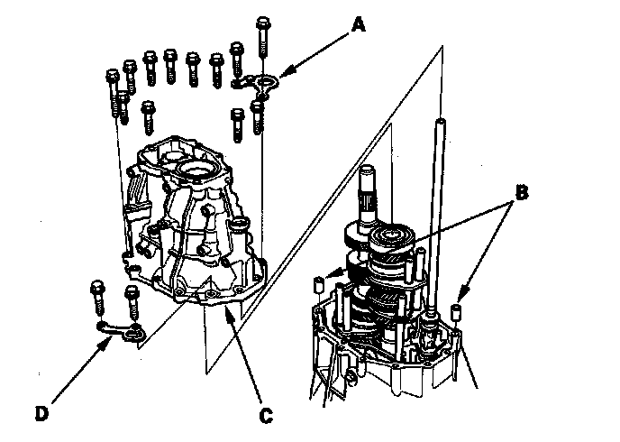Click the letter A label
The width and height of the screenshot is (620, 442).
tap(359, 26)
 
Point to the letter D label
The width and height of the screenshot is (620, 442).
tap(41, 414)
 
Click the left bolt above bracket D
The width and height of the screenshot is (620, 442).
tap(97, 297)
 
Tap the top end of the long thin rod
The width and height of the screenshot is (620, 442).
tap(443, 121)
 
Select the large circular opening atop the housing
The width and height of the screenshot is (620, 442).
tap(197, 169)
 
